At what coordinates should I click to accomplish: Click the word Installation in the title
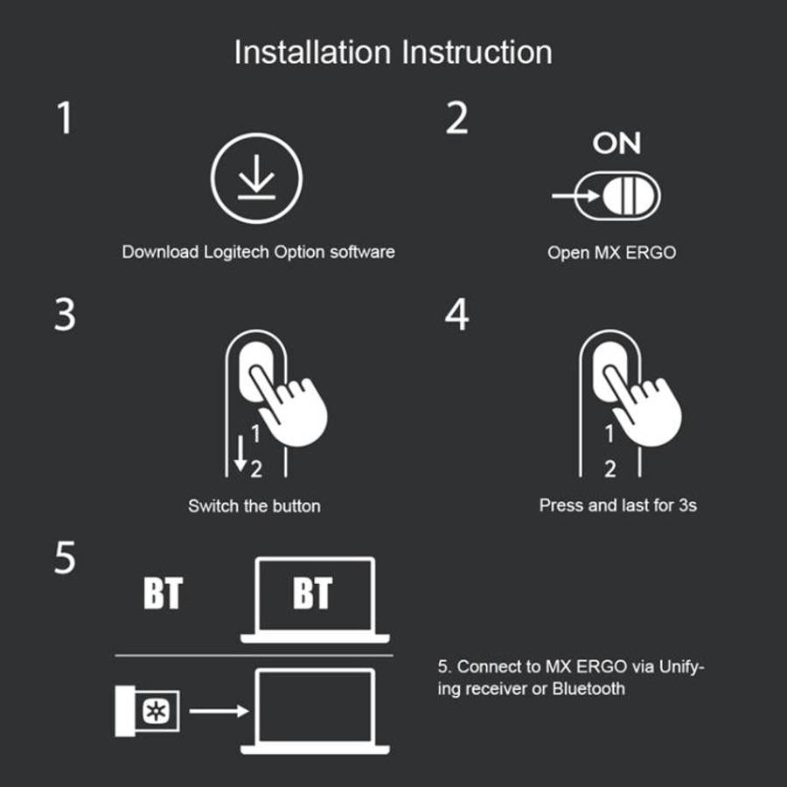(312, 52)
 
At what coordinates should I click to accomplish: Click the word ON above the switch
(616, 143)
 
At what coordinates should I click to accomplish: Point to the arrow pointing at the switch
(575, 195)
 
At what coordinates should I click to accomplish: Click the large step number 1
(65, 118)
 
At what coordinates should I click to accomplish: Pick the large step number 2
(456, 118)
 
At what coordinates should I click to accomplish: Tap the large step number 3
(65, 315)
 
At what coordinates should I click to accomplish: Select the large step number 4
(456, 315)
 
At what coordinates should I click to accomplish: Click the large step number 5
(65, 557)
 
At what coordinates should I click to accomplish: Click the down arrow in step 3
(240, 453)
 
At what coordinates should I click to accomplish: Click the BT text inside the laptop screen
(312, 593)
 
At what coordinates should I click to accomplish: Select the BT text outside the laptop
(163, 593)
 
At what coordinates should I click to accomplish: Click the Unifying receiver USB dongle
(147, 711)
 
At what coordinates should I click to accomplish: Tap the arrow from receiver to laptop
(219, 711)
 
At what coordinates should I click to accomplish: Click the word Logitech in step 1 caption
(236, 252)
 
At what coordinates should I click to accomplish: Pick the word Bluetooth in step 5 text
(589, 689)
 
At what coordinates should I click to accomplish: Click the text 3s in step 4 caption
(687, 505)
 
